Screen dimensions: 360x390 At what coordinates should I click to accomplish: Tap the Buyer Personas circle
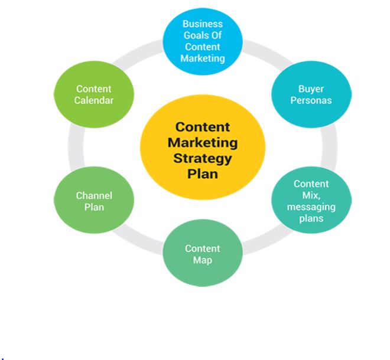311,94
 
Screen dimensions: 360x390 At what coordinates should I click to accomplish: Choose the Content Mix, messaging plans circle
311,201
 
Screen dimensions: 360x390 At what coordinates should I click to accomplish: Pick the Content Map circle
202,254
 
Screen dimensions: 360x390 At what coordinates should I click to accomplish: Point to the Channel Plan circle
93,201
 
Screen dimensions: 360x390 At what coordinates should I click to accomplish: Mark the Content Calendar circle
94,94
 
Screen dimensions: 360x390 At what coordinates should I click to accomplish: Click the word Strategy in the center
203,158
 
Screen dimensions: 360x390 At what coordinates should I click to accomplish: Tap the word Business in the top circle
203,24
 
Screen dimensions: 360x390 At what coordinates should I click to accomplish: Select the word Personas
311,100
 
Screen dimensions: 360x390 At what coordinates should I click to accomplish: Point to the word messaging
311,207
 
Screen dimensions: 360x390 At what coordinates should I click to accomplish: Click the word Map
202,260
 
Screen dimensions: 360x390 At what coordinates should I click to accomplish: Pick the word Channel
94,195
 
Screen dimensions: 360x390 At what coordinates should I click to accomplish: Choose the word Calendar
94,100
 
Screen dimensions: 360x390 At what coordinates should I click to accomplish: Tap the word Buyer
311,89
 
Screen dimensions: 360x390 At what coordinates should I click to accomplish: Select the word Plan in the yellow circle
203,174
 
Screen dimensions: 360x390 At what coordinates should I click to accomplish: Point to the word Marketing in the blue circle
203,58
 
